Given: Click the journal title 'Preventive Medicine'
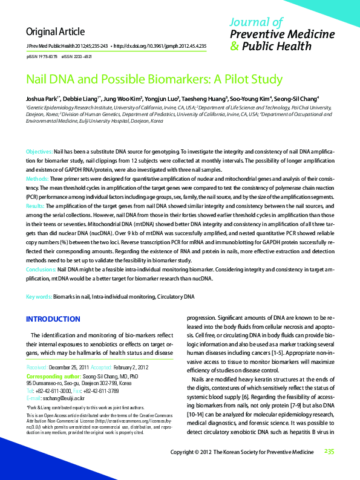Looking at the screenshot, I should coord(283,34).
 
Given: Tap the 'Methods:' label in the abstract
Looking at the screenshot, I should coord(37,180).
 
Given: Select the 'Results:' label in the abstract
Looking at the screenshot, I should coord(36,206).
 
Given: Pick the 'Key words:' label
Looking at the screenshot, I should coord(39,297).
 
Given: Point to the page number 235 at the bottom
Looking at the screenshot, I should coord(329,468).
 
